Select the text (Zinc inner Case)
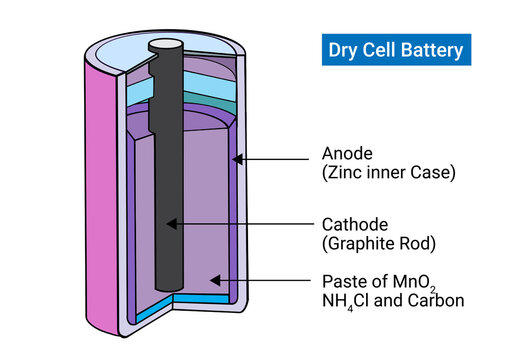point(388,173)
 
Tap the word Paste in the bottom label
point(343,282)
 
